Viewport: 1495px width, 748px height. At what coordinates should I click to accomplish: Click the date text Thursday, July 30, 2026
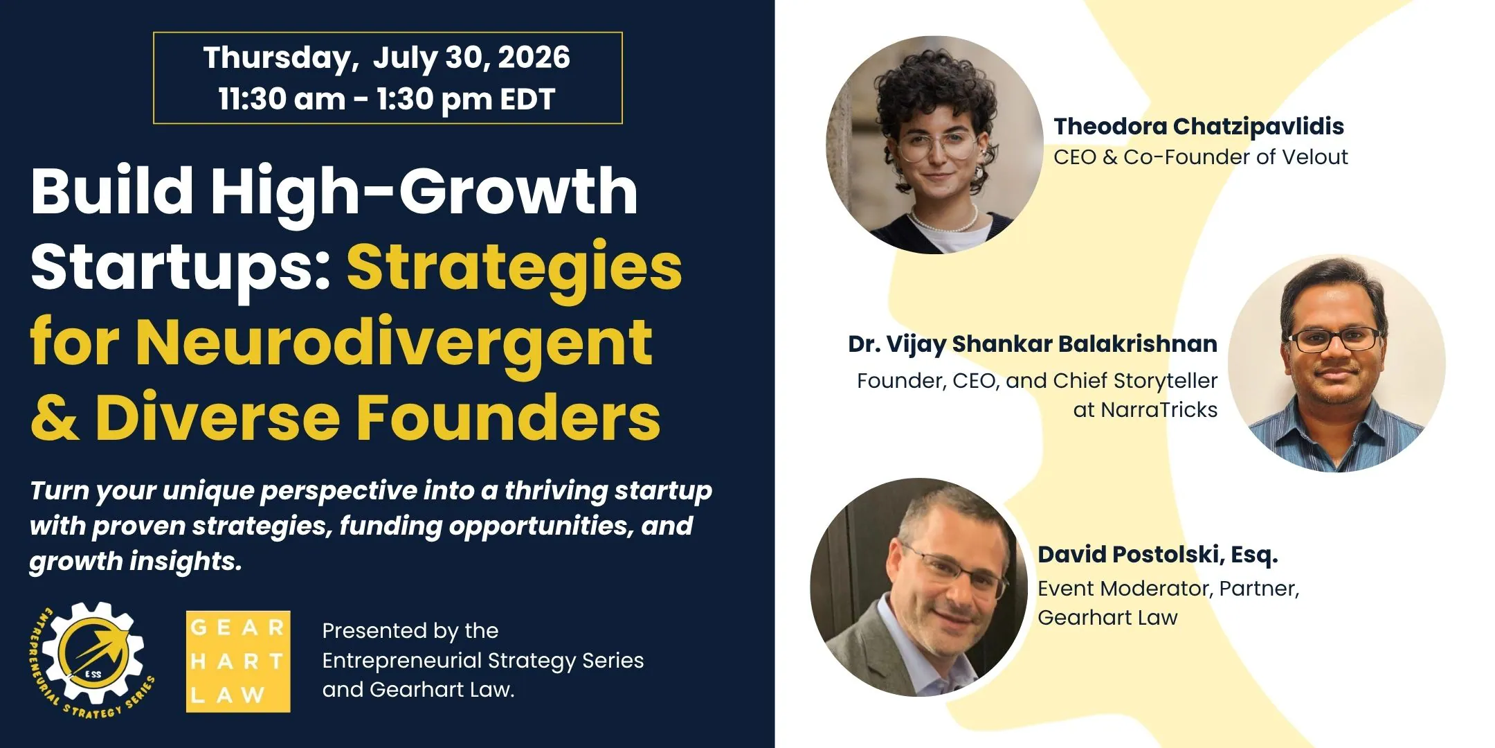387,58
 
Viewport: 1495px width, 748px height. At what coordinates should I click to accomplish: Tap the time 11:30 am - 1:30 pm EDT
387,99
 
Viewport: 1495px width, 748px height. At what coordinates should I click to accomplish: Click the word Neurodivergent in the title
393,343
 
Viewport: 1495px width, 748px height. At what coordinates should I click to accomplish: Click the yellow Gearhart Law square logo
238,661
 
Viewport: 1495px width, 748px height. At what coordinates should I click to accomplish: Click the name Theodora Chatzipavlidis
1199,126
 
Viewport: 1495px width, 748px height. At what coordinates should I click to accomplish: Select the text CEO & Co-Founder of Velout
1201,157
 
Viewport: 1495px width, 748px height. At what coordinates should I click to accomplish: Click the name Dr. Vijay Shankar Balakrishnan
1033,344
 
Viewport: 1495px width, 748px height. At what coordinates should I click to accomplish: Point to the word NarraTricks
1159,410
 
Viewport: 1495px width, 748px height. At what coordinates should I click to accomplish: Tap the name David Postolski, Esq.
1158,555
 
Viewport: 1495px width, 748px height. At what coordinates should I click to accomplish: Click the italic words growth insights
136,562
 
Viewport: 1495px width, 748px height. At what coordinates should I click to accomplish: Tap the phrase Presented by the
410,631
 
